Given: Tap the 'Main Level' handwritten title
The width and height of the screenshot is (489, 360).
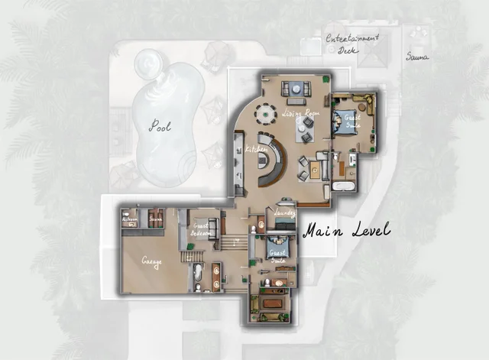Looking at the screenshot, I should pyautogui.click(x=346, y=229).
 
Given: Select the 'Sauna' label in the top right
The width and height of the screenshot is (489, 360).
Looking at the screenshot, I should pyautogui.click(x=417, y=56).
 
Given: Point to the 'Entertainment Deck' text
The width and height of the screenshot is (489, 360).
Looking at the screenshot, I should pyautogui.click(x=352, y=44).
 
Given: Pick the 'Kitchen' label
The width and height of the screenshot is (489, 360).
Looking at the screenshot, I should pyautogui.click(x=256, y=148).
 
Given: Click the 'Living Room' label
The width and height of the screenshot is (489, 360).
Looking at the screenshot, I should pyautogui.click(x=300, y=112).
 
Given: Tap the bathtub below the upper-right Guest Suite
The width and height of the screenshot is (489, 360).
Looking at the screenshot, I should pyautogui.click(x=344, y=186).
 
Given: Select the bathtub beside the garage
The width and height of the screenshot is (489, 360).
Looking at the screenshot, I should pyautogui.click(x=197, y=274).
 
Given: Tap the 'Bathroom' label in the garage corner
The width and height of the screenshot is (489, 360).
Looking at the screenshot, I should pyautogui.click(x=129, y=218).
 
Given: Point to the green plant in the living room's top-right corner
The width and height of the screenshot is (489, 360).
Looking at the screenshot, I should pyautogui.click(x=326, y=79).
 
